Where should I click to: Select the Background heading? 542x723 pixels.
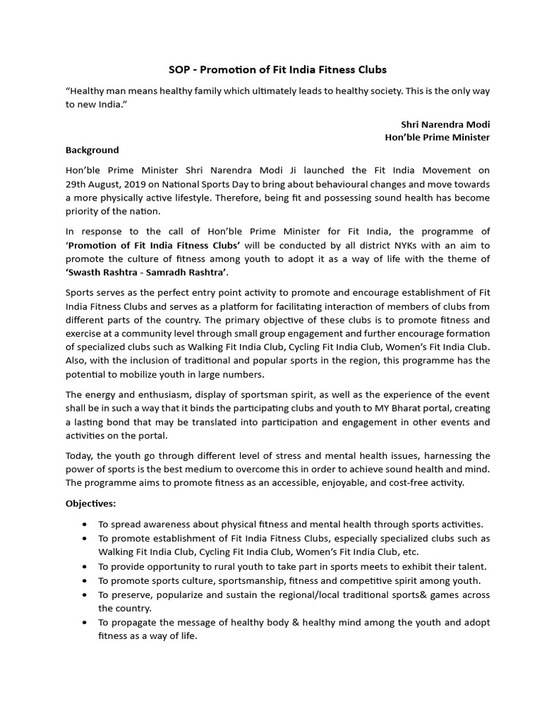pyautogui.click(x=92, y=150)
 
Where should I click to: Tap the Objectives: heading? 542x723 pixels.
pyautogui.click(x=91, y=503)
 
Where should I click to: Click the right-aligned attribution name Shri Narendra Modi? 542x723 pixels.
pyautogui.click(x=445, y=124)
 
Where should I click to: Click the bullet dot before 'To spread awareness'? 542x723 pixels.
pyautogui.click(x=85, y=525)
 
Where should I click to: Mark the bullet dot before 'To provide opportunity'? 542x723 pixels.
pyautogui.click(x=85, y=567)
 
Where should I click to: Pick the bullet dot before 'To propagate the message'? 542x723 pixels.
pyautogui.click(x=85, y=623)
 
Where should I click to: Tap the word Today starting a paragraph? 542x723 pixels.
pyautogui.click(x=80, y=455)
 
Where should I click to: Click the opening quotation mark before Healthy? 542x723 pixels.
pyautogui.click(x=68, y=91)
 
